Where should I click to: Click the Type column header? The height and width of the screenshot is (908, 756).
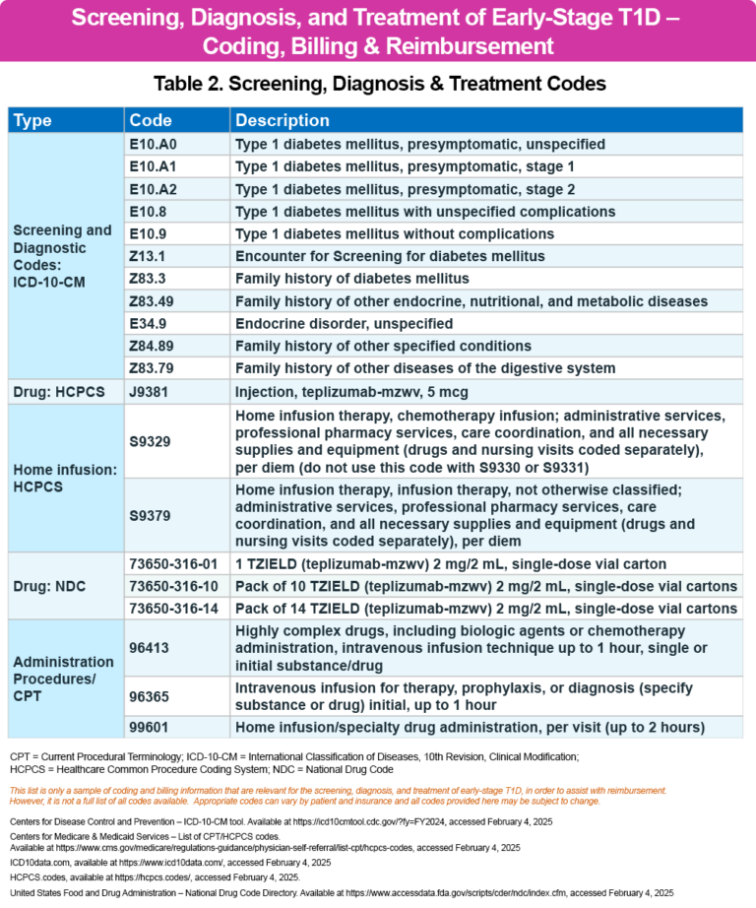pos(33,120)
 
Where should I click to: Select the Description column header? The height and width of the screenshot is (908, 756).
pos(283,120)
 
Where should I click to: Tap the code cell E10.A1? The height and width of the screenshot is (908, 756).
pos(153,166)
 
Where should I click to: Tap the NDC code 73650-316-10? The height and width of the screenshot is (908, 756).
pos(173,586)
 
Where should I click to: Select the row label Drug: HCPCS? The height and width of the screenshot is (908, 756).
pos(58,392)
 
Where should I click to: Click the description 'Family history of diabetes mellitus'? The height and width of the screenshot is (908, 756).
pos(352,279)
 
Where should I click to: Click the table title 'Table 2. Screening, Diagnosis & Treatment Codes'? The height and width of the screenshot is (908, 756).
pos(378,84)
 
